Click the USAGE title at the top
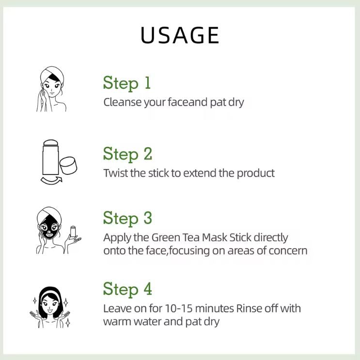(180, 35)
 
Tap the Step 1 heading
(127, 83)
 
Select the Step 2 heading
(127, 154)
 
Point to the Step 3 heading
(127, 218)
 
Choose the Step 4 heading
(127, 289)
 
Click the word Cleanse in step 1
(123, 102)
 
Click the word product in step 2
(256, 173)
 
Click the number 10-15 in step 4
(179, 308)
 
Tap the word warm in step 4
(117, 321)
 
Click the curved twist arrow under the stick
(51, 180)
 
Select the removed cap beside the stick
(68, 165)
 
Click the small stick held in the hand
(73, 232)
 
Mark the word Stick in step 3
(240, 237)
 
